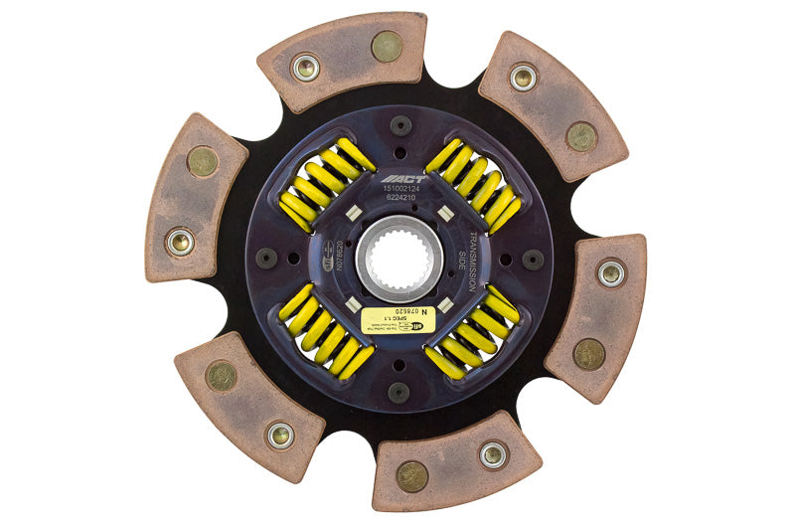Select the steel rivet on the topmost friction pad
tap(306, 68)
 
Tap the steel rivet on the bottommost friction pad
tap(492, 454)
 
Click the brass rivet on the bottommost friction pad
tap(410, 476)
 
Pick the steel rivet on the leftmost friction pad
tap(180, 241)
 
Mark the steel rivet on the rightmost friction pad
tap(610, 271)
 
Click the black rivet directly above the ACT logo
tap(399, 126)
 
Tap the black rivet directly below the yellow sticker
tap(398, 392)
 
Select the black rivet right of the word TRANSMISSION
tap(533, 259)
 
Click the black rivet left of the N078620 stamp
tap(266, 259)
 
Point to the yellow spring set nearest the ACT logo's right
tap(474, 185)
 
